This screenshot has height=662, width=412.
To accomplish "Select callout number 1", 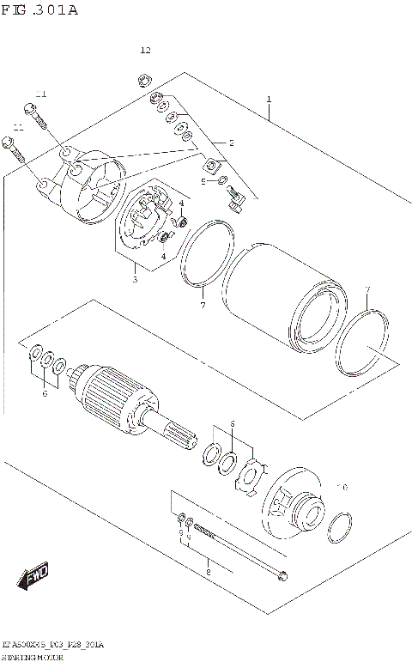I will coord(269,100).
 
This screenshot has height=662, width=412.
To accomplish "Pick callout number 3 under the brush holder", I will coord(134,279).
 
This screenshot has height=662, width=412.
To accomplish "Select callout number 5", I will coord(203,181).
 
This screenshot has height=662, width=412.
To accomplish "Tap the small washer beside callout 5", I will coord(222,180).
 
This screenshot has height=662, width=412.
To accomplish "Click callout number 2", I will coord(230,143).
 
